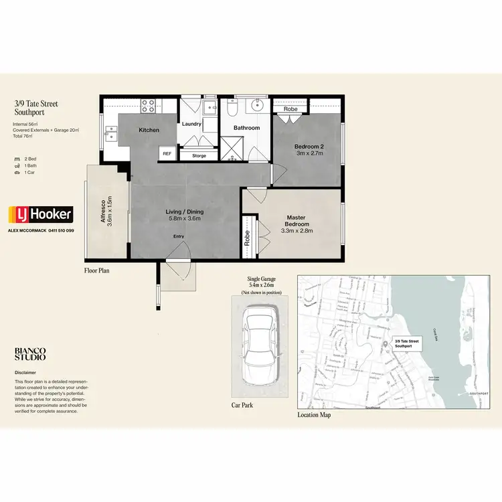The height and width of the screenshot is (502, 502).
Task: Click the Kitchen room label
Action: (149, 130)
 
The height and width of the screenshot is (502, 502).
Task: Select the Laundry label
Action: (192, 124)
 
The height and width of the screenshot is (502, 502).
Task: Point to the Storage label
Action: (199, 155)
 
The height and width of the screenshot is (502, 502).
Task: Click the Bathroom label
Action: (246, 127)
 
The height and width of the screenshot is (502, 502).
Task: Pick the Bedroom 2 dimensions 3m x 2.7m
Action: (310, 153)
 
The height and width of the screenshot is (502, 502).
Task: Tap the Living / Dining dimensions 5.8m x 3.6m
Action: (185, 218)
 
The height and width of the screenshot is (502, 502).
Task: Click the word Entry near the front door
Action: (179, 236)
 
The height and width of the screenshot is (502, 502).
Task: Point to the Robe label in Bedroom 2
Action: (290, 108)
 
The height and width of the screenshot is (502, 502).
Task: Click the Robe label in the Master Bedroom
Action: (247, 238)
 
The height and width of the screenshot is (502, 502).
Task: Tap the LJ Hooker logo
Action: (40, 216)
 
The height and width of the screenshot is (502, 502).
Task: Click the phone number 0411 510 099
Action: (60, 230)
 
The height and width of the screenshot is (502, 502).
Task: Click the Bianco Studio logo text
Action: (31, 354)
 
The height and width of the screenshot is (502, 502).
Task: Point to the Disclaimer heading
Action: (25, 372)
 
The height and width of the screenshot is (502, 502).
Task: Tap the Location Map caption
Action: (314, 415)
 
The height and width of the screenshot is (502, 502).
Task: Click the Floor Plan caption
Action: (97, 271)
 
